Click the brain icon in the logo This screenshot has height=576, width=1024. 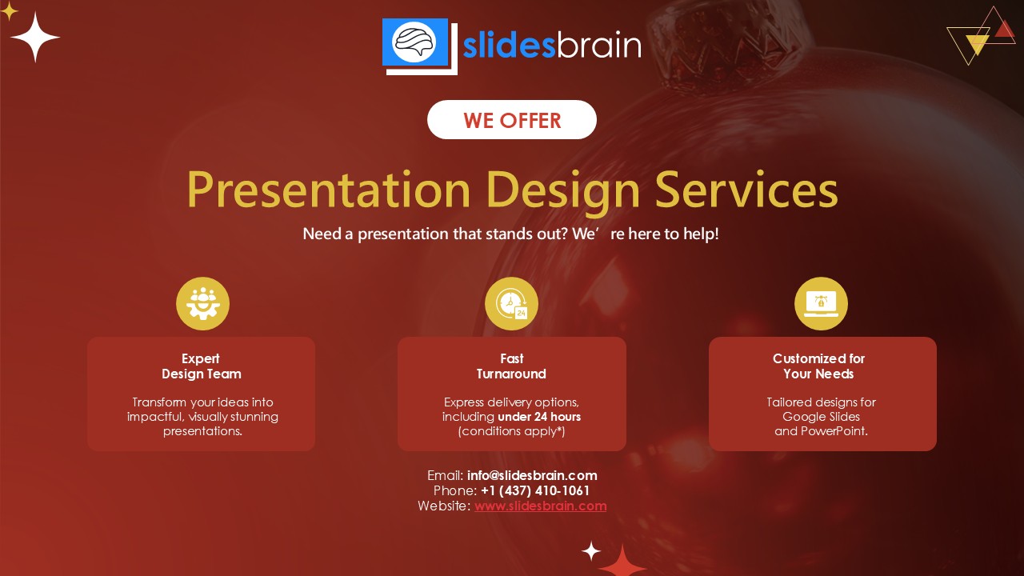[x=414, y=42]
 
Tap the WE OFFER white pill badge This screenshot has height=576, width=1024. [x=511, y=120]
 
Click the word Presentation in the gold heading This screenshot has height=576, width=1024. [x=329, y=190]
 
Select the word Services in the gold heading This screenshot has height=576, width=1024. [x=746, y=189]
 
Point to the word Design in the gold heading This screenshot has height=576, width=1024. [x=562, y=192]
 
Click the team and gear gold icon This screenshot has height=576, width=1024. [x=202, y=303]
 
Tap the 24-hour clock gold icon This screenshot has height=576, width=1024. [x=511, y=303]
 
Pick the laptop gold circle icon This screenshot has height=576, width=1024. [x=821, y=303]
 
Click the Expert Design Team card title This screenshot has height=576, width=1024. [x=201, y=366]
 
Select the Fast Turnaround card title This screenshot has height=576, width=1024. [x=511, y=366]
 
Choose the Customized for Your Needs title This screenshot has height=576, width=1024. [x=818, y=366]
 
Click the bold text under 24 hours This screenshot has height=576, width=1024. [x=539, y=417]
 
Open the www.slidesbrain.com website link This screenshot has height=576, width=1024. [x=540, y=506]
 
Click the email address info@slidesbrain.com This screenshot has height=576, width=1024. [x=532, y=475]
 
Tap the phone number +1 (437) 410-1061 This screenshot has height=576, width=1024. [x=535, y=490]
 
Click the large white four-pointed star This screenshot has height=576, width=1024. [x=35, y=37]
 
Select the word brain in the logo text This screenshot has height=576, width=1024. [x=599, y=46]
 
